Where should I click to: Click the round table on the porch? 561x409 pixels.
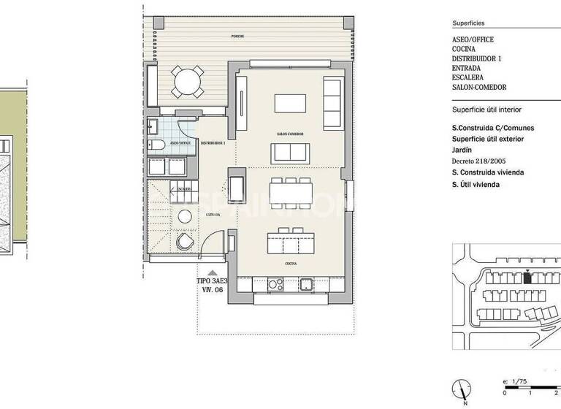coord(188,81)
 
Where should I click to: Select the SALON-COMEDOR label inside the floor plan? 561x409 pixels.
coord(290,134)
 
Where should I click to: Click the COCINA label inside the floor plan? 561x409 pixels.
coord(291,261)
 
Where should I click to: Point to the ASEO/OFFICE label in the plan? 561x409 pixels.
coord(180,143)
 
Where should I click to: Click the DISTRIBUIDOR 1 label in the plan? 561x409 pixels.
coord(213,143)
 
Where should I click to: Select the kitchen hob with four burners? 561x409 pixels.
coord(274,284)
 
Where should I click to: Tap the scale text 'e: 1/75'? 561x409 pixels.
coord(515,381)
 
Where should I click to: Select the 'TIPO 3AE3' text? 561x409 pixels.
coord(212,280)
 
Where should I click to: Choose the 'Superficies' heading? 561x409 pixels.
coord(468,23)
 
